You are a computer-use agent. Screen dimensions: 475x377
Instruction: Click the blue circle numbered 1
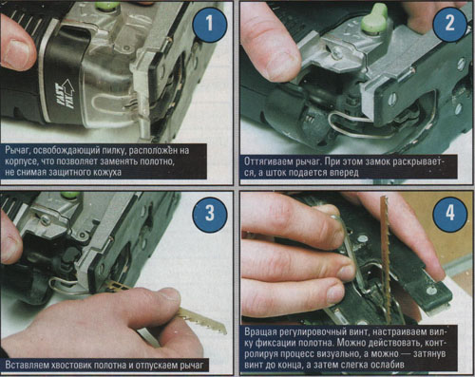(210, 24)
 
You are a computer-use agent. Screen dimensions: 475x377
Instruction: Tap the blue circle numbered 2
(449, 24)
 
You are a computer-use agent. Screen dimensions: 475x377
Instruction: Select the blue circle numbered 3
(210, 213)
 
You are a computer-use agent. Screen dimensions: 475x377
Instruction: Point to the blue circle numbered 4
(449, 213)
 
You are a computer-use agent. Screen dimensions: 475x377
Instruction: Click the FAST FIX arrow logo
(65, 94)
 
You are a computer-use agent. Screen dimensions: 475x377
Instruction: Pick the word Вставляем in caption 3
(28, 365)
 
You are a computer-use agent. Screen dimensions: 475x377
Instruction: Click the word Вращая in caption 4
(260, 332)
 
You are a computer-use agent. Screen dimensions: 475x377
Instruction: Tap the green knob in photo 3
(68, 194)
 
